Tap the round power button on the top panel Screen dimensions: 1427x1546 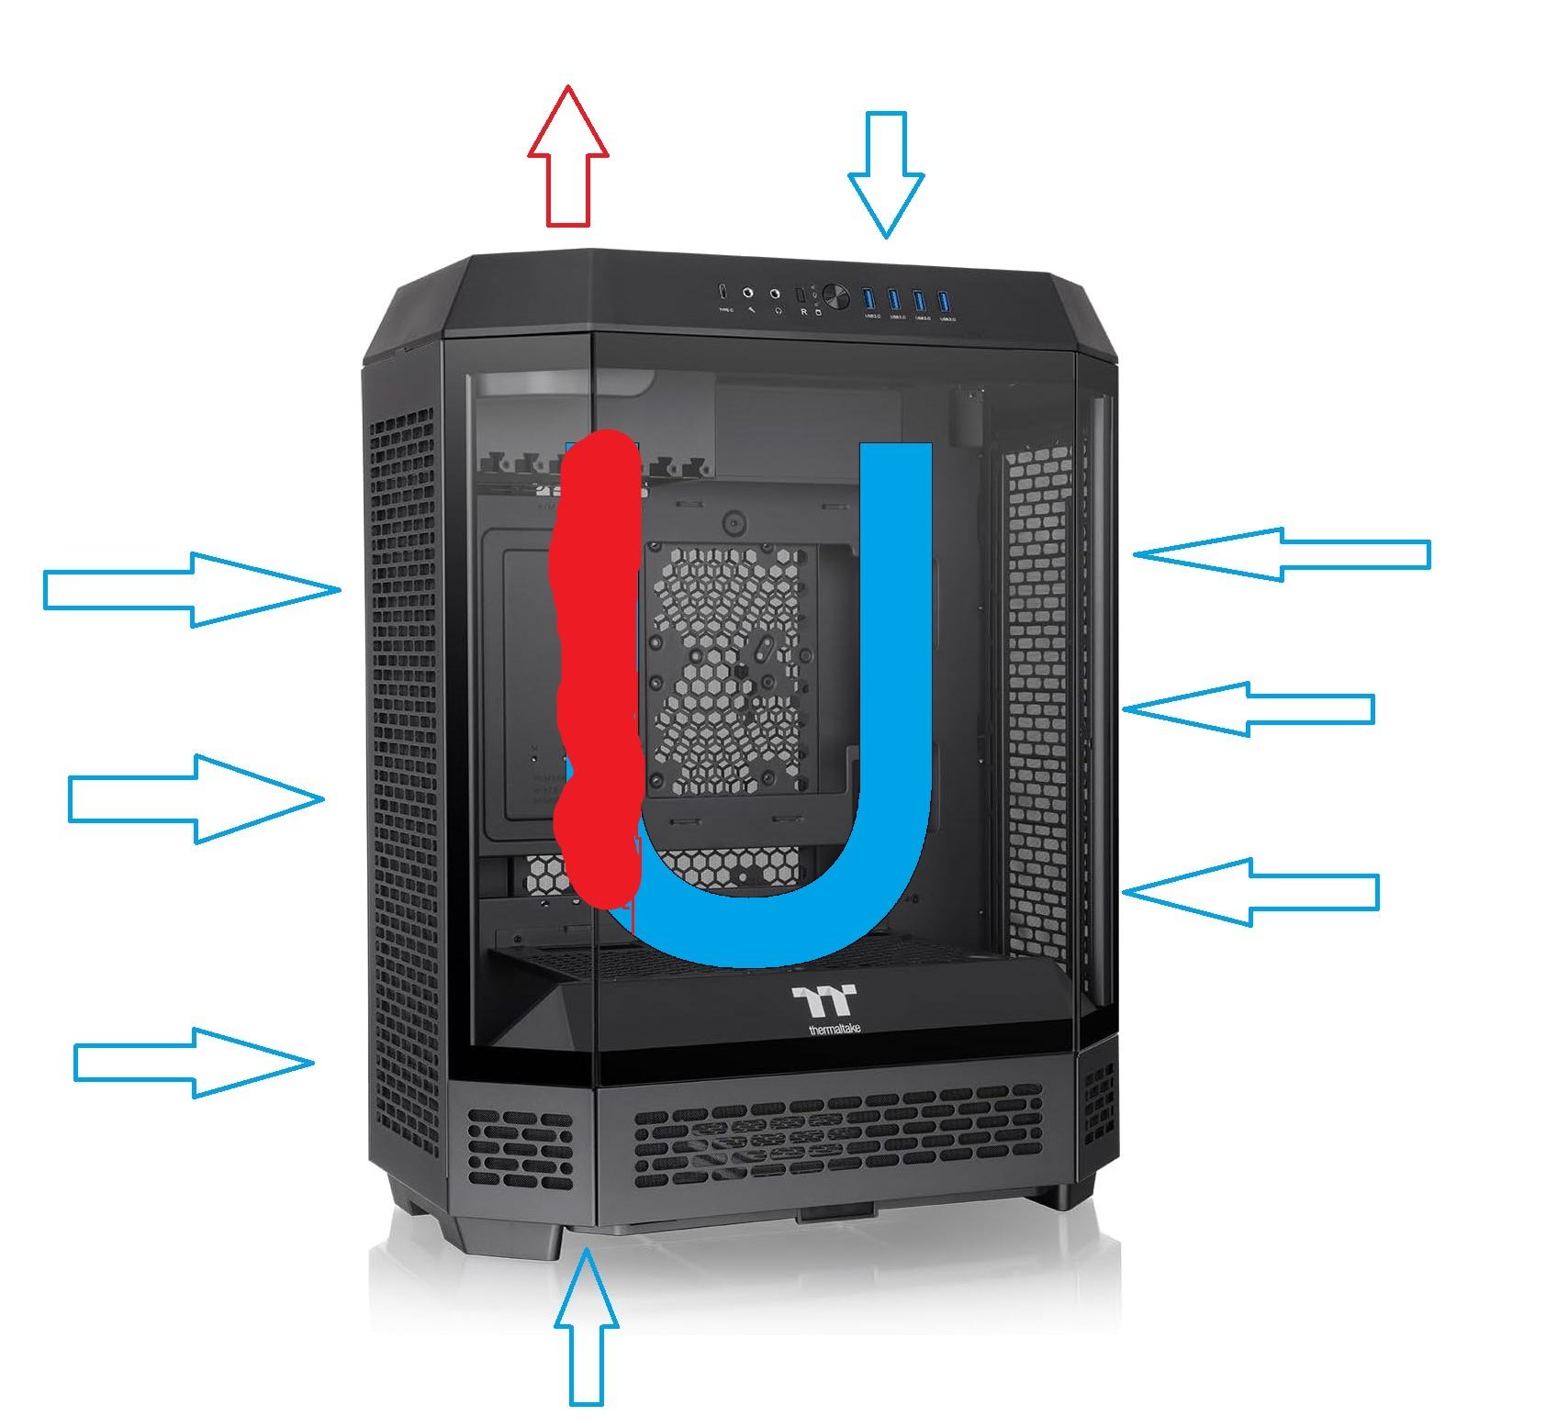(x=835, y=296)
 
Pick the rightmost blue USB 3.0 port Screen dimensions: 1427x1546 (x=944, y=300)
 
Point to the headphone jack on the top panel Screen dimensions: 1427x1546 (x=776, y=295)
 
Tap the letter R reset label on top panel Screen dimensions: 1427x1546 (x=804, y=312)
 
